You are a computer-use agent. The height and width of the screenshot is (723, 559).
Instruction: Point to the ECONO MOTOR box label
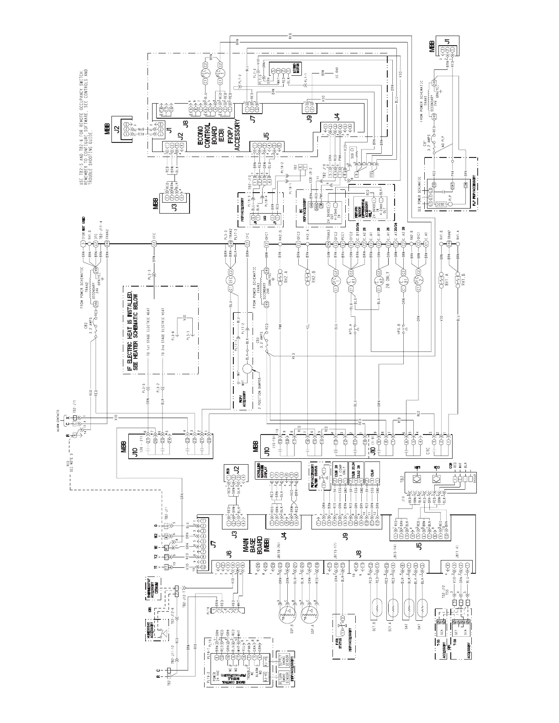(x=296, y=69)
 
